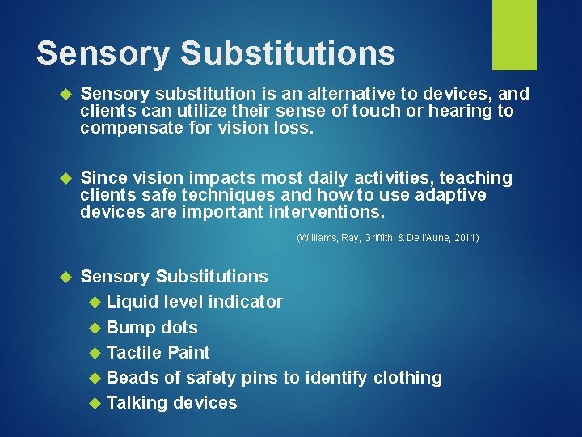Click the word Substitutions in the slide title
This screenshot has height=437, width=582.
[288, 53]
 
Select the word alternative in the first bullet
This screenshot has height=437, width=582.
[331, 93]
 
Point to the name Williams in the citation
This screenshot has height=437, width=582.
[316, 238]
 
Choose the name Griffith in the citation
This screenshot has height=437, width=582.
[377, 238]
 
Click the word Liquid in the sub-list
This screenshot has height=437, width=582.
[133, 302]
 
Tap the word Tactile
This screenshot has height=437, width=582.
[134, 353]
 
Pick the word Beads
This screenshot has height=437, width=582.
[132, 378]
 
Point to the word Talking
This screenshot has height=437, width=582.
[137, 403]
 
